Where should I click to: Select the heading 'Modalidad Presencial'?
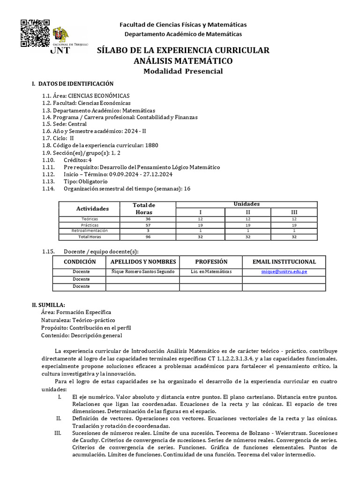pos(183,71)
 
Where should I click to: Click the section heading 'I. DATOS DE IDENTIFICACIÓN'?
pos(73,84)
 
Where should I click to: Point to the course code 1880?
pos(152,145)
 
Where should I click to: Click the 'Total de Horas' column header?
pos(144,208)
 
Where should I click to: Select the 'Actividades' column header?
pos(92,208)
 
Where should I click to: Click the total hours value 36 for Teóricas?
pos(148,219)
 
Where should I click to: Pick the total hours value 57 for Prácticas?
pos(148,225)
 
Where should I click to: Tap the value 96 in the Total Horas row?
pos(148,237)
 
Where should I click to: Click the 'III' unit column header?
pos(294,212)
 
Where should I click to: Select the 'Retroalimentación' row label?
pos(89,231)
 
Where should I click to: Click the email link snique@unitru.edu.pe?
pos(284,272)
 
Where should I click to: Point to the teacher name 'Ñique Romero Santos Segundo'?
pos(142,272)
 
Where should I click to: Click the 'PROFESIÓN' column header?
pos(211,262)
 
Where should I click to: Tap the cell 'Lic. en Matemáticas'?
pos(211,272)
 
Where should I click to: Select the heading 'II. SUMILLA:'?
pos(48,304)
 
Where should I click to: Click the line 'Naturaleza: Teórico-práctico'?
pos(75,320)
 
